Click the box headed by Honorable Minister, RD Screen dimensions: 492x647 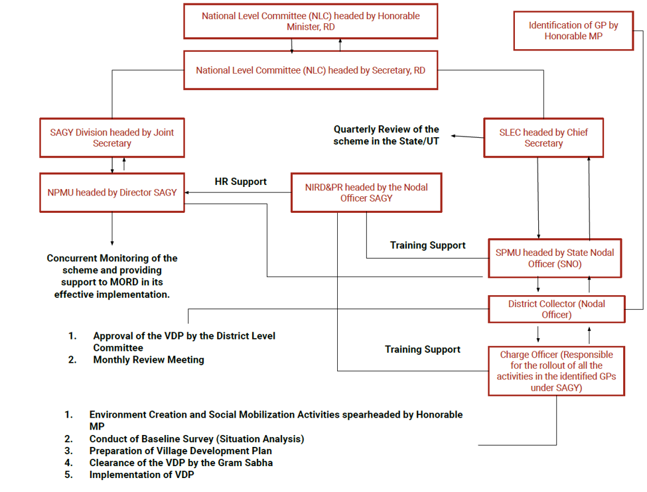(x=311, y=21)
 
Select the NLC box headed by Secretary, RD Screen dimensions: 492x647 (x=311, y=70)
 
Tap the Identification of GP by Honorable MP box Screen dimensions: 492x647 (x=573, y=31)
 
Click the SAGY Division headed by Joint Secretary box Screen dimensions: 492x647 (x=112, y=138)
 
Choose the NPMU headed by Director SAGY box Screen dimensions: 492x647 (x=112, y=192)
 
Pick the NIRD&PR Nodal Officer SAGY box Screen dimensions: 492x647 (x=366, y=192)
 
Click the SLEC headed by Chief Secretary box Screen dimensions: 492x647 (x=543, y=138)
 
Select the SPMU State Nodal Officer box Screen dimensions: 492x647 (x=555, y=258)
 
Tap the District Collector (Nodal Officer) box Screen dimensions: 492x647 (x=556, y=309)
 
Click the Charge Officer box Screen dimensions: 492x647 (x=556, y=371)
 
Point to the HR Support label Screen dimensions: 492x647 (x=240, y=182)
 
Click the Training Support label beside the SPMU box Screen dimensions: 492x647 (x=427, y=245)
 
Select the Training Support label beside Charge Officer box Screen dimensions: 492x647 (x=423, y=349)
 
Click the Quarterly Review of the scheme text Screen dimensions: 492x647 (x=386, y=135)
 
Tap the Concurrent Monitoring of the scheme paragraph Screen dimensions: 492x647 (x=112, y=276)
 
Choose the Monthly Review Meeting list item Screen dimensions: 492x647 (x=148, y=360)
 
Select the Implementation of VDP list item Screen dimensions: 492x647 (x=141, y=475)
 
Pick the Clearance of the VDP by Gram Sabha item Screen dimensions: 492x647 (x=181, y=463)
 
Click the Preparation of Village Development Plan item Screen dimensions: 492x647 (x=180, y=451)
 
